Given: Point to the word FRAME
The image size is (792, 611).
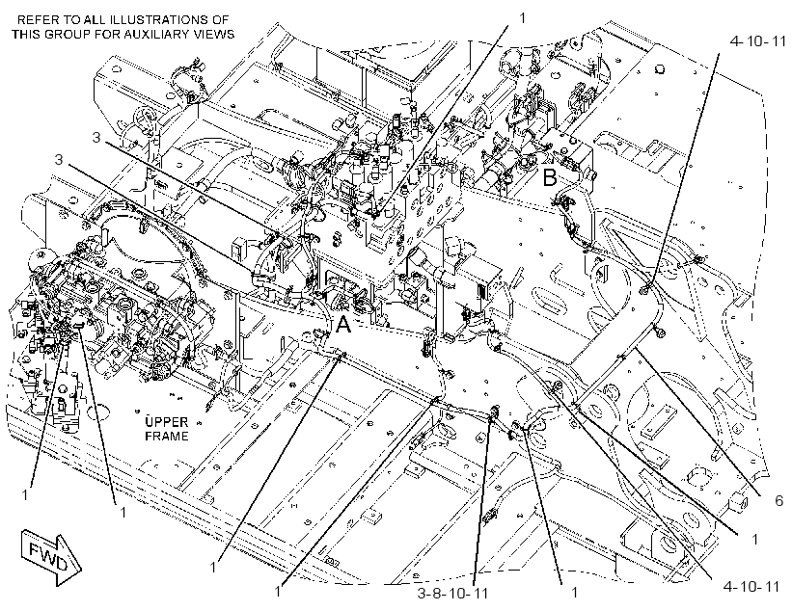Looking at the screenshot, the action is coord(166,436).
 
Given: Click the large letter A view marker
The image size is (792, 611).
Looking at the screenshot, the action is coord(343,325).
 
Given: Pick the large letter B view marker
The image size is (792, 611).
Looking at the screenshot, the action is coord(550,177).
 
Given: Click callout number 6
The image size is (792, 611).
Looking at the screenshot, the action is coord(778,500).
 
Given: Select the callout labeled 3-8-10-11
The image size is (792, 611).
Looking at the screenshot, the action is coord(453,593).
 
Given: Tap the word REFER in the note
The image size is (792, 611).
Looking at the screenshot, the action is coord(37,20).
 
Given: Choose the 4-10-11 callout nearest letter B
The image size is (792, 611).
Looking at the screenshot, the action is coord(758,40).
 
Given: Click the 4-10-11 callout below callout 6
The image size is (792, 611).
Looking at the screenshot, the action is coord(751,586).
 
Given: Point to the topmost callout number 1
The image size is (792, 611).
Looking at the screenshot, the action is coord(522,18).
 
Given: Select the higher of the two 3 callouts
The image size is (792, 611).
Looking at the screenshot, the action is coord(96,137).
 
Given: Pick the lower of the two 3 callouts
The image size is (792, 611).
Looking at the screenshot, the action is coord(59,159).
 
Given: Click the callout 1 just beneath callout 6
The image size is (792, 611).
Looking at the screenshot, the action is coord(754,540).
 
